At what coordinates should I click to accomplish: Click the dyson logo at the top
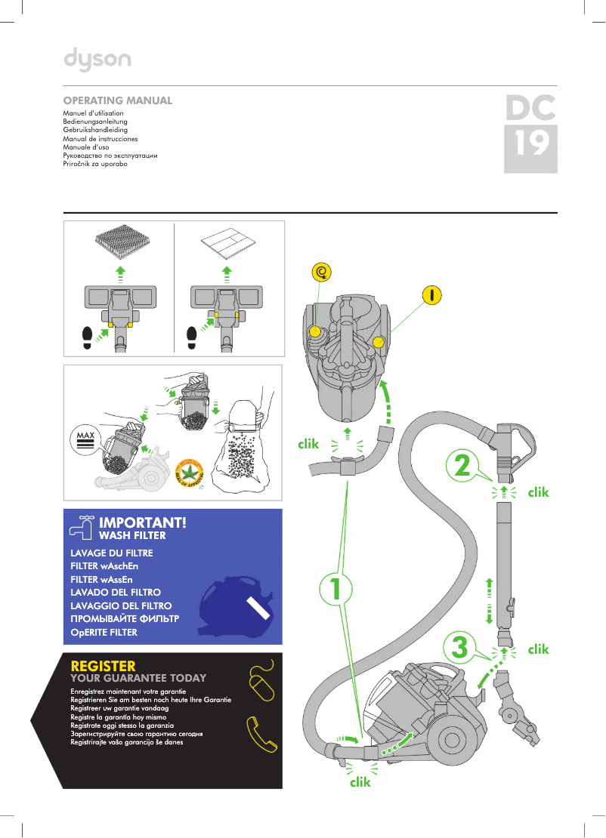tap(97, 60)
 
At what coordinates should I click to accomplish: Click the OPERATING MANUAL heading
tap(118, 100)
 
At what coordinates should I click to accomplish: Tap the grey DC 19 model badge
tap(530, 134)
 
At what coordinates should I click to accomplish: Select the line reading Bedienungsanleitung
tap(95, 122)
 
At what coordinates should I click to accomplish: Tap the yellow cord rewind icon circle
tap(323, 271)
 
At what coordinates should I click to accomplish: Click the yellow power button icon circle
tap(432, 294)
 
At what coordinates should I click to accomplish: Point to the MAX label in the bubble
tap(84, 436)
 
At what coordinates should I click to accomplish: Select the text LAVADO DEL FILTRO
tap(115, 593)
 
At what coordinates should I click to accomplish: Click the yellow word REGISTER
tap(103, 666)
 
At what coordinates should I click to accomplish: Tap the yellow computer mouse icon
tap(262, 681)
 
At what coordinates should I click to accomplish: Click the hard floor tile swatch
tap(229, 244)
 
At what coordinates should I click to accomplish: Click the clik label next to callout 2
tap(538, 492)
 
